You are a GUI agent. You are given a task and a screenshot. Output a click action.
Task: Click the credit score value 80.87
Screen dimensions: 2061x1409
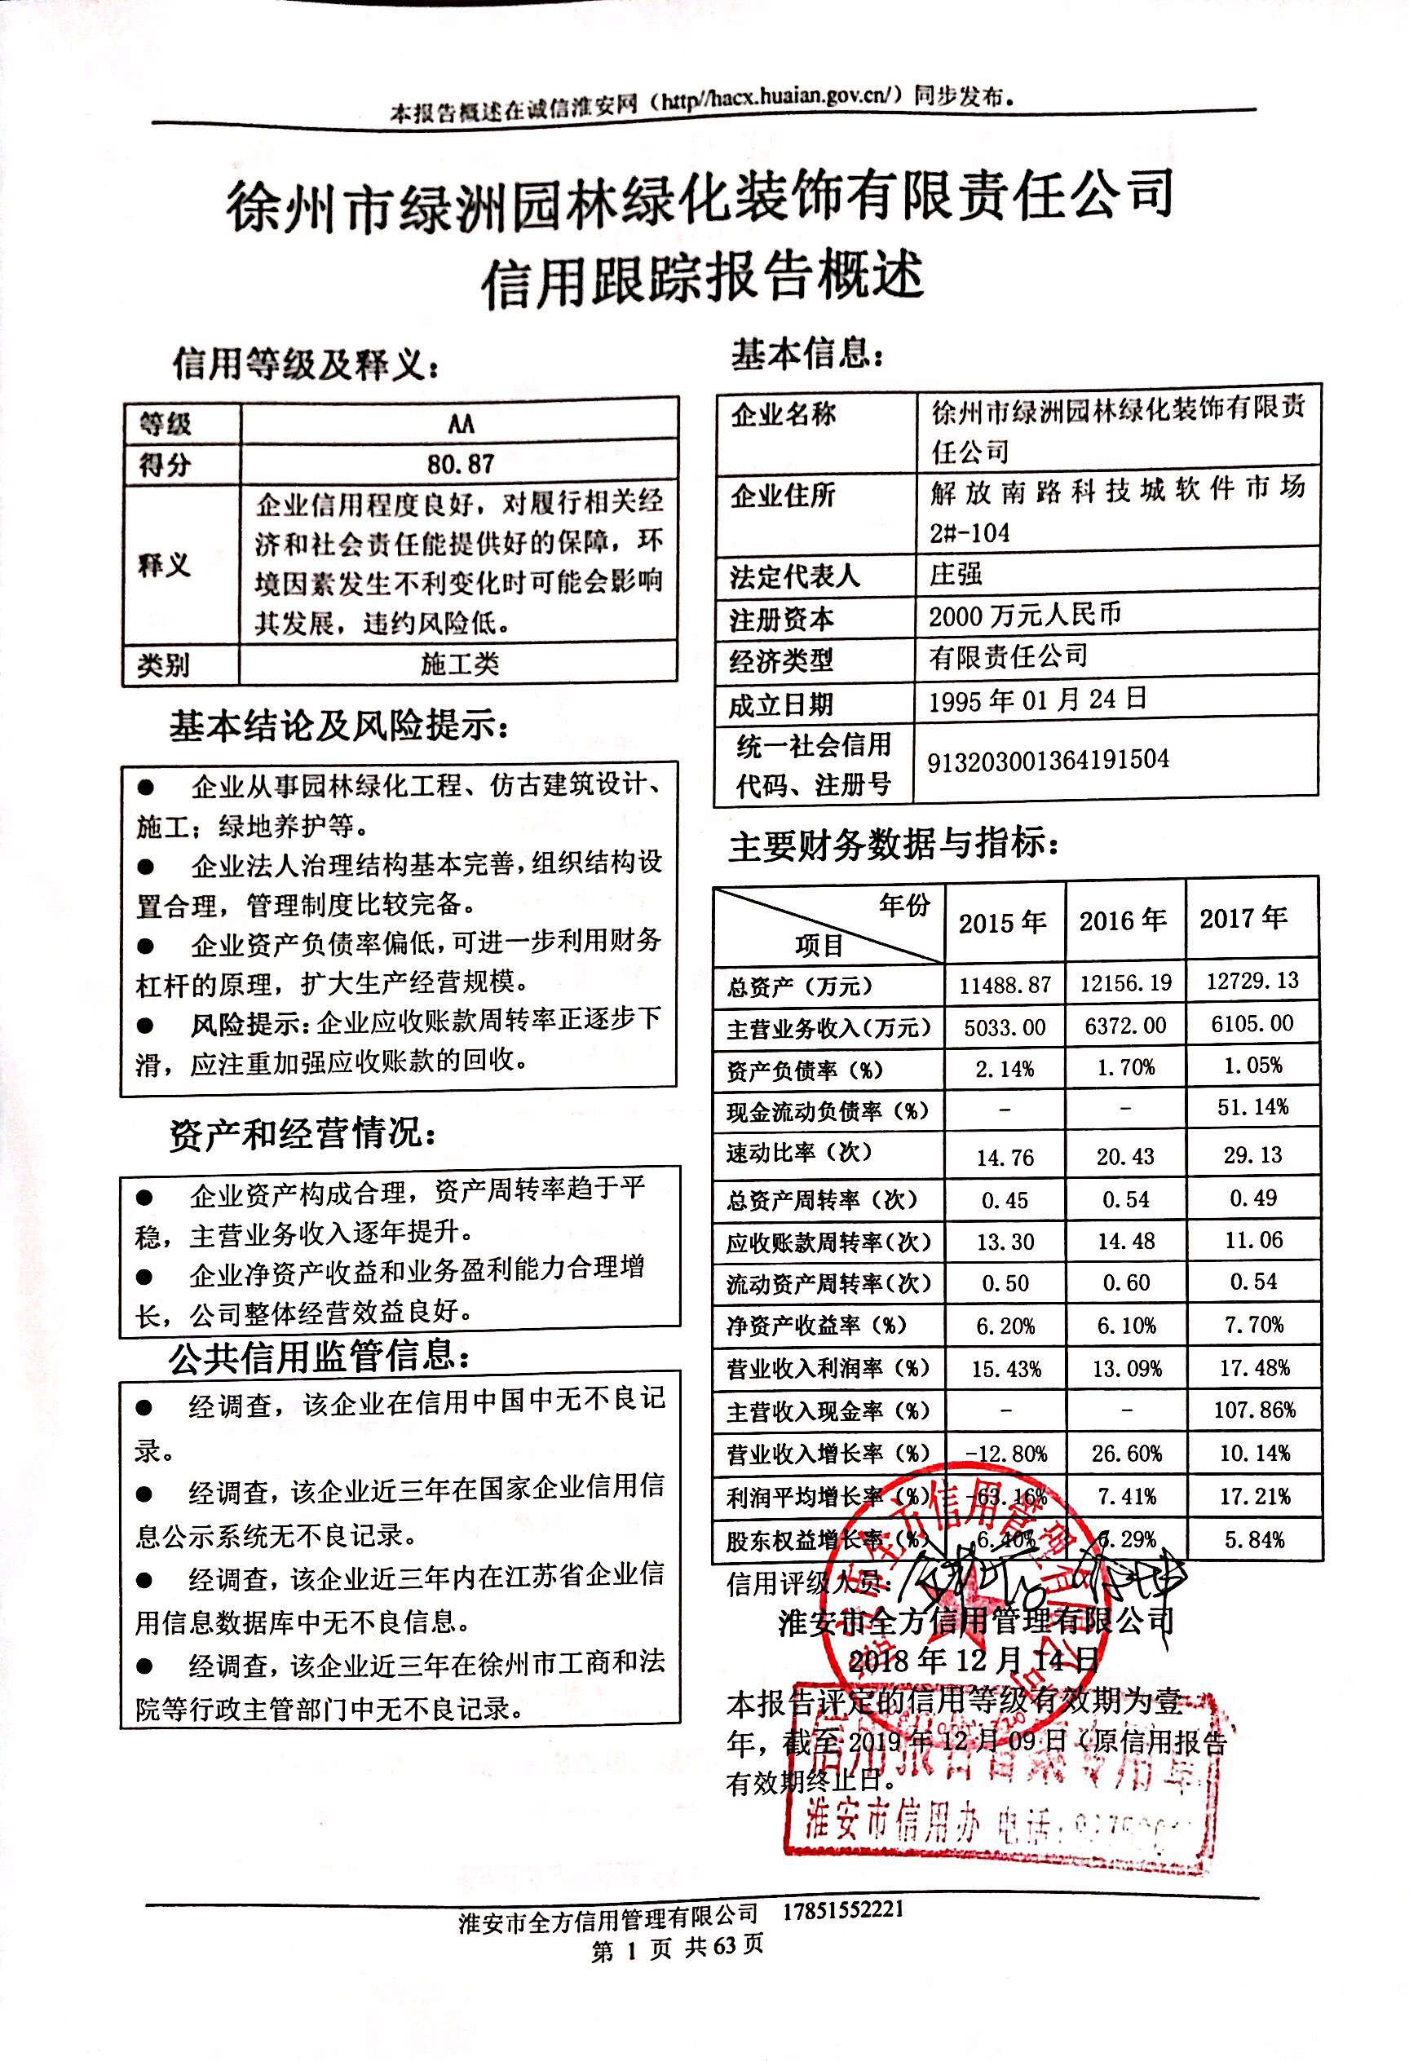click(x=459, y=463)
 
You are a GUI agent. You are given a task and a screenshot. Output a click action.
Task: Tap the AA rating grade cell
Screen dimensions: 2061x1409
click(x=460, y=424)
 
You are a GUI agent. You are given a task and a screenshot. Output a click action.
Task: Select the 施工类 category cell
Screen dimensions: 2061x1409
click(x=459, y=664)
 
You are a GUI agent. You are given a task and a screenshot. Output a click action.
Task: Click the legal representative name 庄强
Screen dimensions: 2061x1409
click(x=956, y=574)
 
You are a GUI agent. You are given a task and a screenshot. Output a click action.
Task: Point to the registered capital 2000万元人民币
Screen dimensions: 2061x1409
click(x=1025, y=616)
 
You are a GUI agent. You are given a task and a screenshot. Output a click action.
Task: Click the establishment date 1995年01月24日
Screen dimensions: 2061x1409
click(x=1037, y=700)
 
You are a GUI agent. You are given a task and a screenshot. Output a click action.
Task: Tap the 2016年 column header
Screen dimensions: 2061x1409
click(x=1124, y=921)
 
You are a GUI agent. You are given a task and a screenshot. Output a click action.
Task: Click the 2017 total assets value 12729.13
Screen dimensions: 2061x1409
click(x=1252, y=981)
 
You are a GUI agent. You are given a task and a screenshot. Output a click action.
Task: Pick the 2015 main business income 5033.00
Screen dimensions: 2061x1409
click(x=1005, y=1028)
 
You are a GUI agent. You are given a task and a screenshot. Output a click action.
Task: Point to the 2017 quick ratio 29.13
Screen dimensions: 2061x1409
click(x=1254, y=1154)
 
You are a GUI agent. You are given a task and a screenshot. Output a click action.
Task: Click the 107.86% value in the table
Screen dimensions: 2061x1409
click(x=1254, y=1410)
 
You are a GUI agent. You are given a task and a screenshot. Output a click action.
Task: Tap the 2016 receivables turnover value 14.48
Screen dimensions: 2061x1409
click(x=1125, y=1242)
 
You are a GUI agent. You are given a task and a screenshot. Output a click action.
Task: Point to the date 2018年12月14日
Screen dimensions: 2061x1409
click(x=973, y=1660)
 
